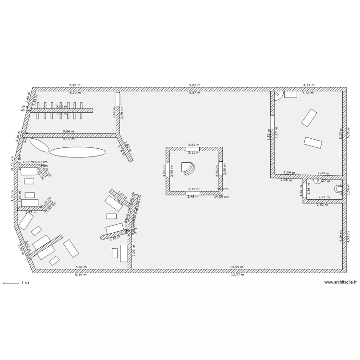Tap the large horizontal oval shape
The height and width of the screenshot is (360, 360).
click(x=78, y=152)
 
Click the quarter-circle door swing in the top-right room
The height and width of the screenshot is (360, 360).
click(x=277, y=96)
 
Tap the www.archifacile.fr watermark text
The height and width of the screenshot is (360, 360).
click(x=340, y=283)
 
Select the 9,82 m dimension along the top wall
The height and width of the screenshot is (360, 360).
click(x=194, y=85)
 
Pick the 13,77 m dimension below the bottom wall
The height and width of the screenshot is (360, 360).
click(x=237, y=275)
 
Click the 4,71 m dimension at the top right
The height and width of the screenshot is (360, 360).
click(x=308, y=85)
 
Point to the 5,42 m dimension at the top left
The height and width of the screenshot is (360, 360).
click(x=75, y=85)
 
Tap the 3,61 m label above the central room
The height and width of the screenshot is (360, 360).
click(x=194, y=145)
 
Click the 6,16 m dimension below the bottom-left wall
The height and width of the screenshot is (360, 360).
click(x=81, y=275)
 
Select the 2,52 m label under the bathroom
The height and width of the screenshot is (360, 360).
click(x=322, y=205)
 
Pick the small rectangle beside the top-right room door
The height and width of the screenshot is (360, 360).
click(x=290, y=94)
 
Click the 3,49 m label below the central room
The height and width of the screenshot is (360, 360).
click(x=193, y=196)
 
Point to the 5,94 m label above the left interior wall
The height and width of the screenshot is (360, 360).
click(x=69, y=131)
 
